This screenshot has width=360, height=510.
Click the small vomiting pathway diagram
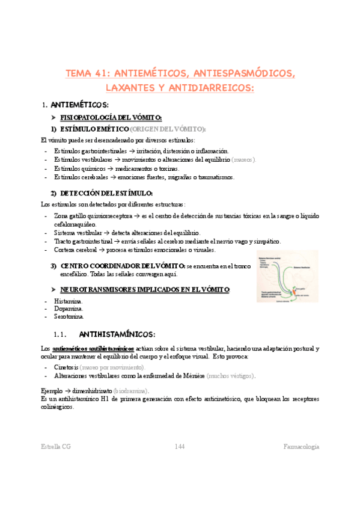tap(284, 276)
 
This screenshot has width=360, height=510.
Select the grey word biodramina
tap(130, 390)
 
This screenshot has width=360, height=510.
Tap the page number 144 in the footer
tap(180, 446)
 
